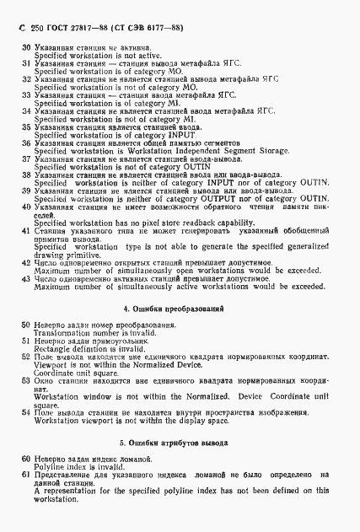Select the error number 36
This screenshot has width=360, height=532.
[x=25, y=144]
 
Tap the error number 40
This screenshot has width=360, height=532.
[x=25, y=206]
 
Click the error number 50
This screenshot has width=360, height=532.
[x=26, y=325]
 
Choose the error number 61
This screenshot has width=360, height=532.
[x=26, y=475]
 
